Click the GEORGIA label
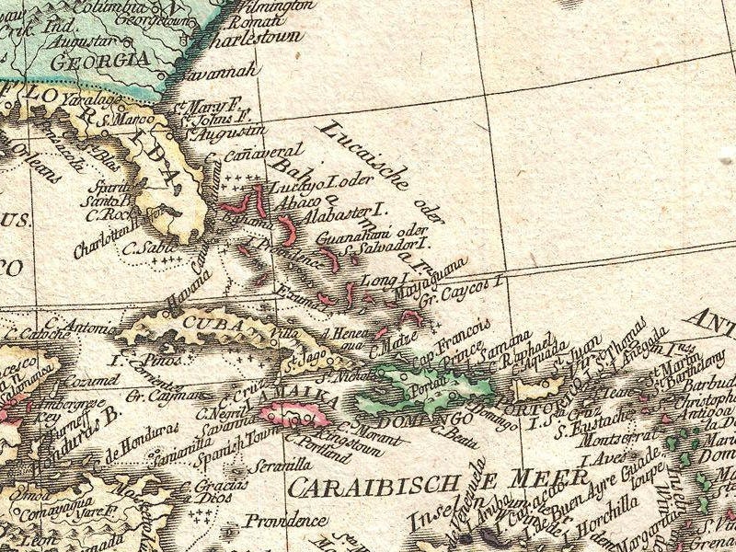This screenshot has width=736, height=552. tap(101, 63)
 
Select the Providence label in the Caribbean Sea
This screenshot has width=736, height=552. tap(286, 522)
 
